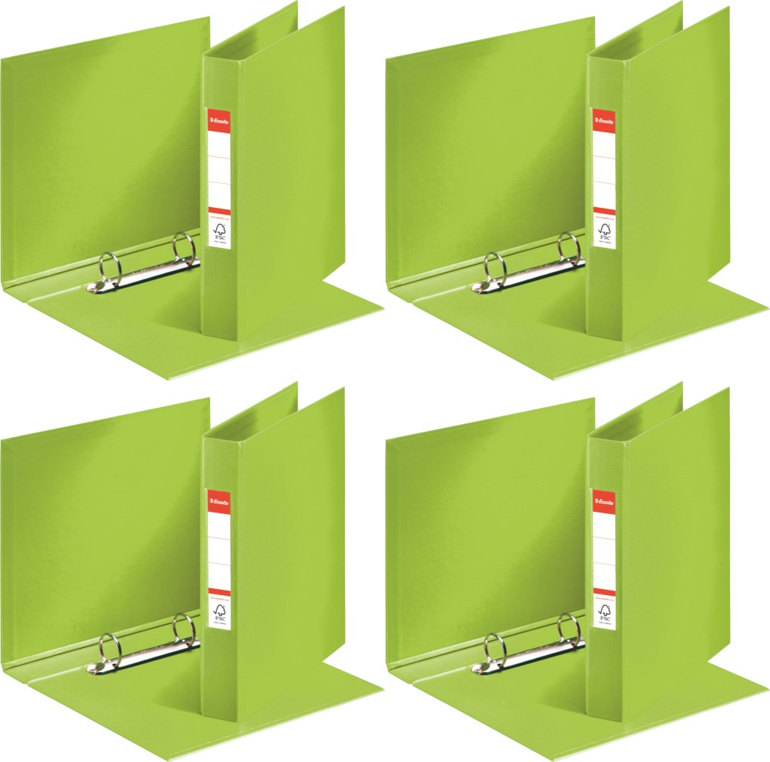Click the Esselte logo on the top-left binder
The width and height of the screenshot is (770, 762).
(x=219, y=120)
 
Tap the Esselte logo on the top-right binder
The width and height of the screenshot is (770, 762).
(x=604, y=120)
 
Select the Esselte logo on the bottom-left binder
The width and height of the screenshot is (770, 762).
(x=219, y=501)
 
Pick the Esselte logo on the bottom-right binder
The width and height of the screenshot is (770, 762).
(x=604, y=501)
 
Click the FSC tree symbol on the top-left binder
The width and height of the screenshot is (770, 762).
(x=219, y=232)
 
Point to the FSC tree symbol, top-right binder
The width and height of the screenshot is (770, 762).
(x=604, y=232)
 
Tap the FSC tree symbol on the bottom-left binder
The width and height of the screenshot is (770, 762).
(x=219, y=613)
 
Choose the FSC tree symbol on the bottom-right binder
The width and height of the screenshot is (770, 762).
(x=604, y=613)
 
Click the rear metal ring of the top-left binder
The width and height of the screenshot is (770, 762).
(x=183, y=248)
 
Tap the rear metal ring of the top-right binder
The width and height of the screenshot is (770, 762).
(x=568, y=248)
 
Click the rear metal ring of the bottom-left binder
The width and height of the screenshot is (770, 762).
(x=183, y=629)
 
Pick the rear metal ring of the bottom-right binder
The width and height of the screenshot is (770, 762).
(x=568, y=629)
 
